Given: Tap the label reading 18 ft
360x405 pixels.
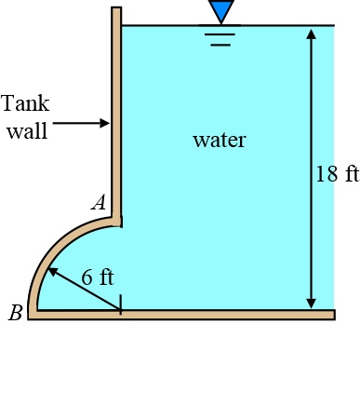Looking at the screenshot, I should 336,174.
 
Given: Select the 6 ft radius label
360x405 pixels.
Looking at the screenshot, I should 97,277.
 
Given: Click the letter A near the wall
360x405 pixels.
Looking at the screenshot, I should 99,202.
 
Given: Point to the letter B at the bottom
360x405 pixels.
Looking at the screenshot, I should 15,313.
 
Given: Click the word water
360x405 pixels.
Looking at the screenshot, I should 219,141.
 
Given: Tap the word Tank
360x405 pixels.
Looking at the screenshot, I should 25,102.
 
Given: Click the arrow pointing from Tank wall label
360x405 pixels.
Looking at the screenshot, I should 81,123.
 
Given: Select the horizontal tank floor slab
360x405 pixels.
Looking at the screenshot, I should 186,315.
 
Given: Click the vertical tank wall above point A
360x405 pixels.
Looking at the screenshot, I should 116,112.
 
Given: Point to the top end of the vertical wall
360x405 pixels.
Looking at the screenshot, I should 116,9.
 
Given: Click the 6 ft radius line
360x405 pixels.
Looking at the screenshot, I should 86,290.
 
